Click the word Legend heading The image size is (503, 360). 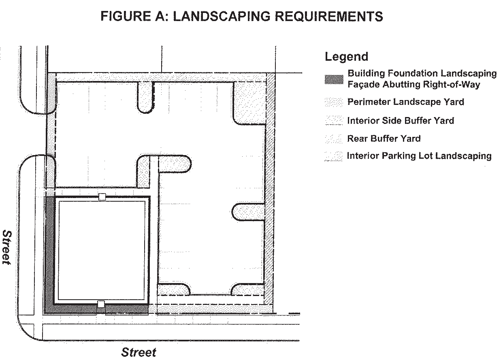[346, 57]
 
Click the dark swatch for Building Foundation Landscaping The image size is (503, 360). [334, 79]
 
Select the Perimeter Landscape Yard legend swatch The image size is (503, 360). [334, 102]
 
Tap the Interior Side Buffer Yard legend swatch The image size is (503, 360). [334, 120]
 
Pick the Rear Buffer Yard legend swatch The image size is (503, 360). [334, 138]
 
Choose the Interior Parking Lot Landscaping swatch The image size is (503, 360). [334, 156]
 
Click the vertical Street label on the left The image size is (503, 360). [7, 247]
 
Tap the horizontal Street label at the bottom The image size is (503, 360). [139, 352]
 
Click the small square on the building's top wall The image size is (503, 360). [102, 197]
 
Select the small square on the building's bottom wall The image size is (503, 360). [101, 304]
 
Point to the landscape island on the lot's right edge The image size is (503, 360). [248, 212]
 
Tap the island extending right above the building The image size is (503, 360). [175, 164]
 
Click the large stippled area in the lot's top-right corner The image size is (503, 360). [249, 102]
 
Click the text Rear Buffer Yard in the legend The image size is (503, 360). [384, 138]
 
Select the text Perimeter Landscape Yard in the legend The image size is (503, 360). [405, 102]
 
